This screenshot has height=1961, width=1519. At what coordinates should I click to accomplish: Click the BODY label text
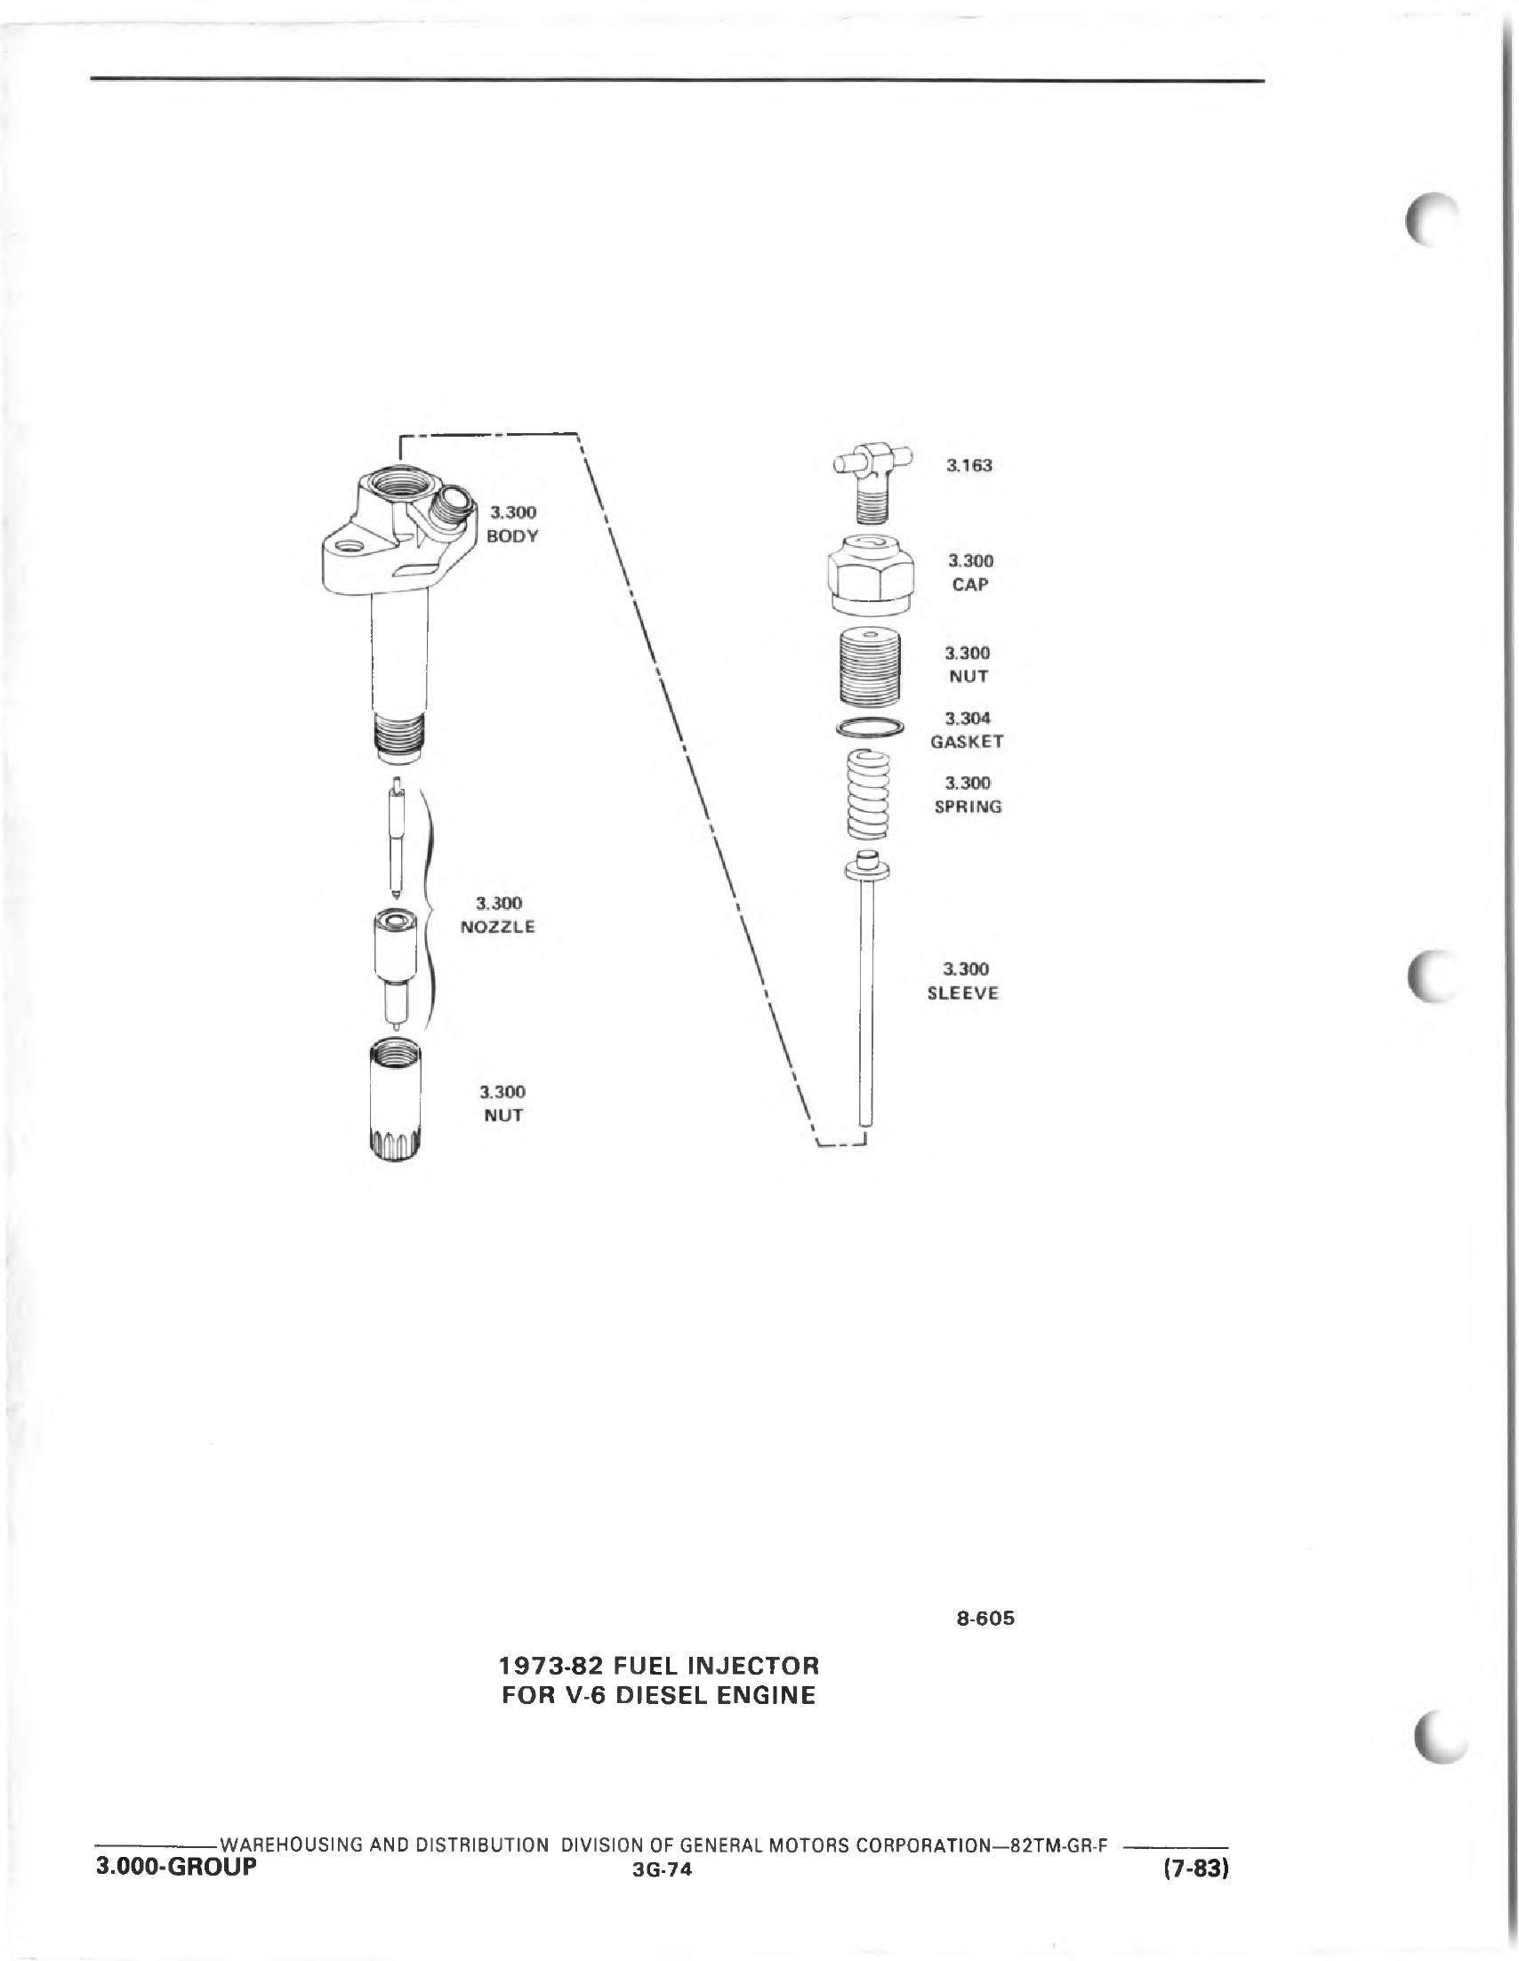tap(511, 536)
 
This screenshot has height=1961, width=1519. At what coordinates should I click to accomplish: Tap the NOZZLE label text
tap(497, 927)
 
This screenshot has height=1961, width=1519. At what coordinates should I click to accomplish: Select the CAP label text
tap(969, 584)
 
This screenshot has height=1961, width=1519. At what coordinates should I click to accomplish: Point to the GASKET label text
tap(967, 742)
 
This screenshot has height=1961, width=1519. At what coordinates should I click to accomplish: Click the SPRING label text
tap(968, 807)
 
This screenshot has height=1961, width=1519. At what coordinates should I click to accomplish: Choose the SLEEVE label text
tap(962, 993)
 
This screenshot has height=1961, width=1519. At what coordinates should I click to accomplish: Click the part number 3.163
tap(969, 465)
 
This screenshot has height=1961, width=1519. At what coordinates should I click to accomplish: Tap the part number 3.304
tap(968, 719)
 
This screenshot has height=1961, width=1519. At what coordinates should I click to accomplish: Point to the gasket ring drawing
tap(872, 728)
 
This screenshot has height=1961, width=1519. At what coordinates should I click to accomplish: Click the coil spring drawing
tap(869, 796)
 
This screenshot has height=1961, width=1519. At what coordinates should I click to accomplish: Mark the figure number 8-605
tap(985, 1619)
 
